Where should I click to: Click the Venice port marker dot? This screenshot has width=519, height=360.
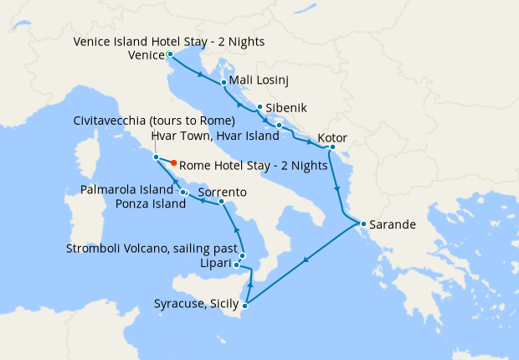coord(170,54)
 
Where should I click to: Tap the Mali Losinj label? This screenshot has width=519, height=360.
coord(256,82)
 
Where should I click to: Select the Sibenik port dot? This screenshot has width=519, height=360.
coord(260,107)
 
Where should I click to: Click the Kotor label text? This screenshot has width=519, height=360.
coord(332,138)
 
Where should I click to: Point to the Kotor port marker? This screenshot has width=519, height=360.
coord(331,148)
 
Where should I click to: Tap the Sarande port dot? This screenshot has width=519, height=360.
coord(362,224)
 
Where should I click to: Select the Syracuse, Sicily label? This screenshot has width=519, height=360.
coord(197,304)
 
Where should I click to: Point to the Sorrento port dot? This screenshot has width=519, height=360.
coord(220,202)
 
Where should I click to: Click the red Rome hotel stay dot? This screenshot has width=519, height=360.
coord(173,163)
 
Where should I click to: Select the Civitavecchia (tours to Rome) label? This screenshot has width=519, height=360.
coord(153,121)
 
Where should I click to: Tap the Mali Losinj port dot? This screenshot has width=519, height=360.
coord(224,83)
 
